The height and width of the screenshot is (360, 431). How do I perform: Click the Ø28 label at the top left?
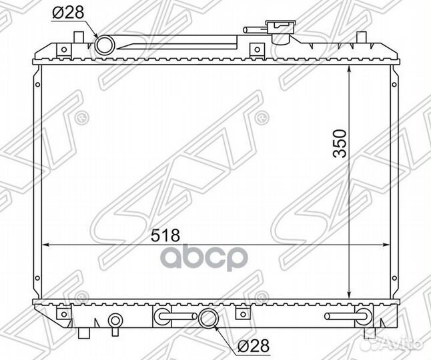click(x=68, y=13)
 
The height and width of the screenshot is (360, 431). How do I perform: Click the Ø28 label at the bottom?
click(x=253, y=345)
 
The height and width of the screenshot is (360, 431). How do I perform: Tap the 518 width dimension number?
click(x=165, y=235)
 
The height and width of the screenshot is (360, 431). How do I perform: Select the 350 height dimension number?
click(x=340, y=143)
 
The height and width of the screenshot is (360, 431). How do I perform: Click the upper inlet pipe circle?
click(x=105, y=45)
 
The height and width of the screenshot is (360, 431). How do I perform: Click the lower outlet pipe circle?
click(x=208, y=318)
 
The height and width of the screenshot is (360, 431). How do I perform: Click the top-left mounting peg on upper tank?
click(x=78, y=37)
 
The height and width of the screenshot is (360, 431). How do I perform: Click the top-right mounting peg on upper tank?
click(x=362, y=37)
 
